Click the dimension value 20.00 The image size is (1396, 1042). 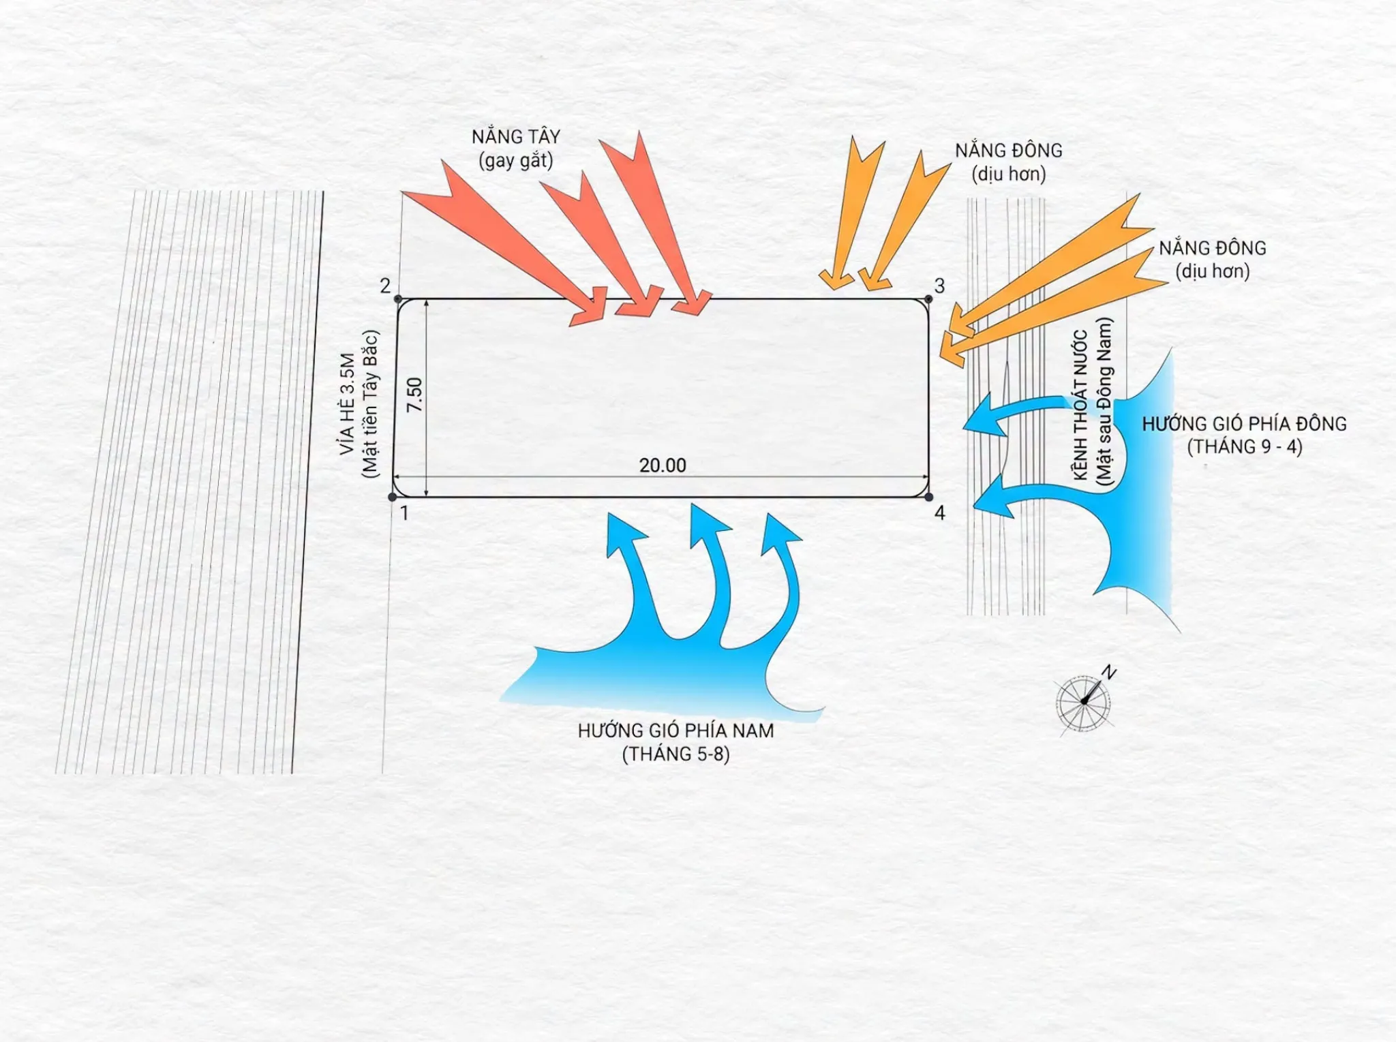663,465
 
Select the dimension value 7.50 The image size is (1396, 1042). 414,395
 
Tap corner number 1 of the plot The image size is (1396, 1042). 404,512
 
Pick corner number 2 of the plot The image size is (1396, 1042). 385,285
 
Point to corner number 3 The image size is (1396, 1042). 940,286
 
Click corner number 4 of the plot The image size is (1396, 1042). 940,512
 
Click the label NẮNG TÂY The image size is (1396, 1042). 516,136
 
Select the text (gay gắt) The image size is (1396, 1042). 516,161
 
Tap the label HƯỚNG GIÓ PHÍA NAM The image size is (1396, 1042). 676,731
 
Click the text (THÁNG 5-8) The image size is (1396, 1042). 676,754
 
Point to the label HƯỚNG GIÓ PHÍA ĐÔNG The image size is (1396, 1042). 1245,423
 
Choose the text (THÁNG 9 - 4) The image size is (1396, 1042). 1245,447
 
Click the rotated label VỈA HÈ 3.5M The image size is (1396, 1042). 347,403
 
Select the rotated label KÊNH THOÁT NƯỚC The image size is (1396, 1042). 1080,405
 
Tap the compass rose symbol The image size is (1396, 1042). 1083,703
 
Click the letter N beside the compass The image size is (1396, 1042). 1109,673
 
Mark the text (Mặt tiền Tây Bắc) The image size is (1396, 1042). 369,403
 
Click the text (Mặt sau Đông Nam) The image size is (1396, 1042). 1104,402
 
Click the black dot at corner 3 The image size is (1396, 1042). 928,299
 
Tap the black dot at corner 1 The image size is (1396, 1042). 392,497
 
